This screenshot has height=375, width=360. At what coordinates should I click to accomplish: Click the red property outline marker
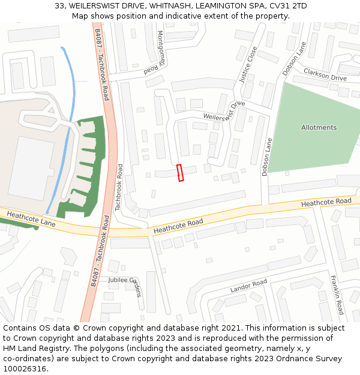[181, 173]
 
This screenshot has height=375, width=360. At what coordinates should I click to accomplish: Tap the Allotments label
[319, 128]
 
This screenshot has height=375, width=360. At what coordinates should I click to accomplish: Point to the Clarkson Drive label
[325, 74]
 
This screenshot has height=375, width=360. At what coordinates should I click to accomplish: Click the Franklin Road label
[337, 295]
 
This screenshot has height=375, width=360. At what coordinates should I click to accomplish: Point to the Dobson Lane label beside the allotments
[266, 157]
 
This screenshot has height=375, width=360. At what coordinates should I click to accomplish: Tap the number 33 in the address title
[60, 5]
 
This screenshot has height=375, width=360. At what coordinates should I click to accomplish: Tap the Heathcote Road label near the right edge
[326, 203]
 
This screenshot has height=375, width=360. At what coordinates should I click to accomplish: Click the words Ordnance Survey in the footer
[313, 359]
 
